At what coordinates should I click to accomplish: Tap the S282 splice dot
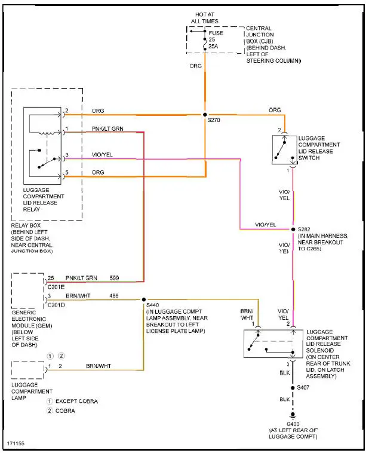293,229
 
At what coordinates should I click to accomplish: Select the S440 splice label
152,305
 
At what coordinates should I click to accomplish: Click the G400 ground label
293,424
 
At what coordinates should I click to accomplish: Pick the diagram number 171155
16,445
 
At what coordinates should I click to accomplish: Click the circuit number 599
115,278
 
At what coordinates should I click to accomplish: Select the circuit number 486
115,295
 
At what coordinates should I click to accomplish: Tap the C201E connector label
56,286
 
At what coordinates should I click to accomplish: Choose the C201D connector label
56,304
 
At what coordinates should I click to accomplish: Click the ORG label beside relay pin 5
98,173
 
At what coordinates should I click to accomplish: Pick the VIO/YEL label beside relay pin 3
102,154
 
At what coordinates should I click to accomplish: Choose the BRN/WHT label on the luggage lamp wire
99,366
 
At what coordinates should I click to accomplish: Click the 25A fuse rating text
213,46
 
